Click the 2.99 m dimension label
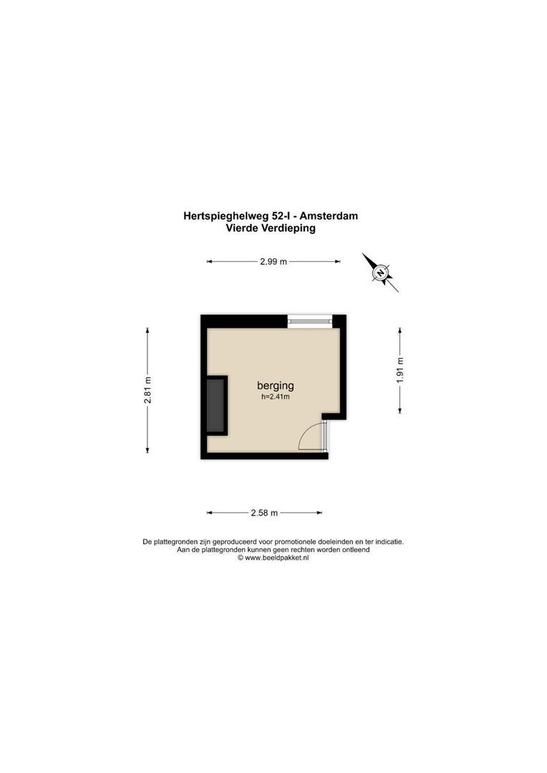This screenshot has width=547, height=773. pos(273,262)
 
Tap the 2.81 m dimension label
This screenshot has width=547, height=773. pos(147,390)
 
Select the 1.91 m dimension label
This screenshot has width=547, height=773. pos(400,370)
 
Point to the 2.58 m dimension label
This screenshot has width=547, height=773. pos(264,513)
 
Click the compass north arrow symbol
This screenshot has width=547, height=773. pos(380,272)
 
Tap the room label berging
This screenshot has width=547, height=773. pos(276,386)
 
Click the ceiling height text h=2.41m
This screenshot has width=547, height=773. pos(276,397)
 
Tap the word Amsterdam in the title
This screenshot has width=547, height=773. pos(329,215)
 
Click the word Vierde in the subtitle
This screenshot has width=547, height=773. pos(240,229)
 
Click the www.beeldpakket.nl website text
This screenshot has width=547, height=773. pos(276,558)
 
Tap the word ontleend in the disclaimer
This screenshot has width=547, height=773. pos(354,550)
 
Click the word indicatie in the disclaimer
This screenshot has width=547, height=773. pos(387,542)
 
